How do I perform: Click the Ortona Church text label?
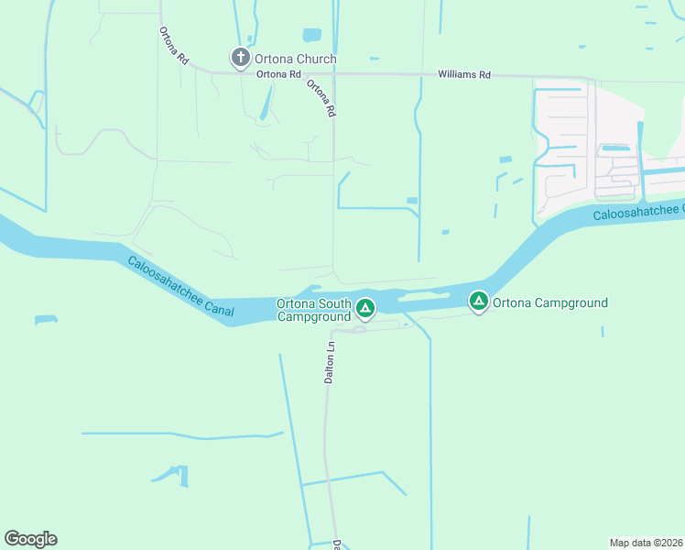click(296, 60)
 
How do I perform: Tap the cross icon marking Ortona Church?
click(240, 60)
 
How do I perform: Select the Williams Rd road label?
click(464, 74)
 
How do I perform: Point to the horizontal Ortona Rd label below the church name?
click(279, 74)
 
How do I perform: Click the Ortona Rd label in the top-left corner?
click(173, 45)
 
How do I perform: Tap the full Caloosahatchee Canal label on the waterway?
click(180, 288)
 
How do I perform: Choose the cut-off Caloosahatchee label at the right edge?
click(637, 214)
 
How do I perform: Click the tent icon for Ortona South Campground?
click(364, 309)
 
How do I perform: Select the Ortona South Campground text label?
click(314, 310)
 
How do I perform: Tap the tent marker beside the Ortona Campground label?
click(478, 300)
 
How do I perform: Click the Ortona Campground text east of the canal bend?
click(550, 302)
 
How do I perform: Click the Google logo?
click(30, 539)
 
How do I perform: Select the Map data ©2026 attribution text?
click(646, 542)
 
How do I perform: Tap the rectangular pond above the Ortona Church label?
click(312, 36)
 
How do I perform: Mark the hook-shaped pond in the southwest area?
click(174, 474)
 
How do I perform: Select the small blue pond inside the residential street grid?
click(615, 148)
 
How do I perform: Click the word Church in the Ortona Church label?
click(316, 60)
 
